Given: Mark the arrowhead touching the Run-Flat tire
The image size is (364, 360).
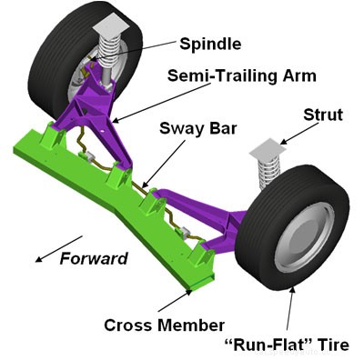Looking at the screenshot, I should point(292,288).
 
